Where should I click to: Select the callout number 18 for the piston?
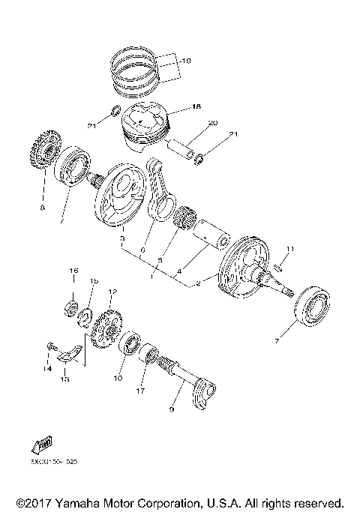click(x=196, y=107)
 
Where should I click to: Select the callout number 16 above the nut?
click(x=73, y=271)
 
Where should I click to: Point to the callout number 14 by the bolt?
click(x=46, y=368)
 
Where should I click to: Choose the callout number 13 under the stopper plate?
click(x=64, y=379)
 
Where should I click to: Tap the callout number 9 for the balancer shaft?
click(x=172, y=409)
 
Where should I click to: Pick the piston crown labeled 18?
click(x=147, y=120)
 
